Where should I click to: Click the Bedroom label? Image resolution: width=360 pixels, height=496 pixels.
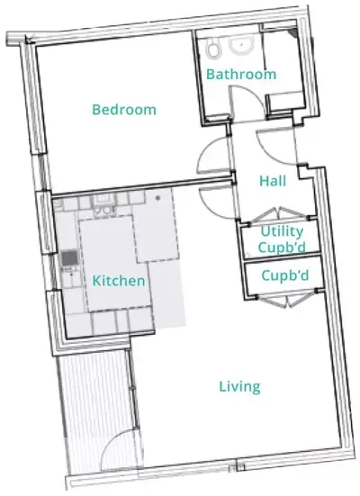(x=124, y=110)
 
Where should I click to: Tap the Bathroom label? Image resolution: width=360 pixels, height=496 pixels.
(x=241, y=75)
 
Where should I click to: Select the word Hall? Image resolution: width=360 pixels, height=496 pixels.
(x=273, y=181)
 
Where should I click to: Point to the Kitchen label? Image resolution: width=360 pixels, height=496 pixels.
(x=119, y=281)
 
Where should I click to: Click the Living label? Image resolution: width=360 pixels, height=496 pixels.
(x=239, y=387)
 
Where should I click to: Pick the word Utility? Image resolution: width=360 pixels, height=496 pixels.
(x=282, y=232)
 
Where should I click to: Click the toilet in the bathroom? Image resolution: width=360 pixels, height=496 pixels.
(x=213, y=50)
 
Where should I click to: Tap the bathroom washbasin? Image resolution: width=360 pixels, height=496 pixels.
(x=241, y=46)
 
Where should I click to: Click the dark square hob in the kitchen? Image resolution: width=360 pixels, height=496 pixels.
(x=69, y=258)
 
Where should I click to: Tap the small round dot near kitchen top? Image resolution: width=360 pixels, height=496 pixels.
(x=157, y=198)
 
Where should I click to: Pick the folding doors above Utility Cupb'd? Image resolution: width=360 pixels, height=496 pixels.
(x=280, y=214)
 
